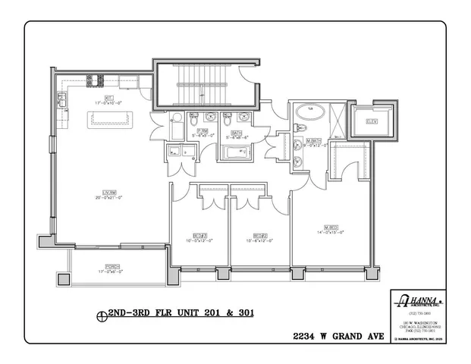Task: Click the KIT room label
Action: click(109, 98)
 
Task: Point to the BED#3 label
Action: click(199, 235)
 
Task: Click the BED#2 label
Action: click(259, 235)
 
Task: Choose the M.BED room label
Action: click(331, 228)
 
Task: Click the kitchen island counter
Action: click(111, 119)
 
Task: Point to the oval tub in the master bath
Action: click(309, 116)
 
